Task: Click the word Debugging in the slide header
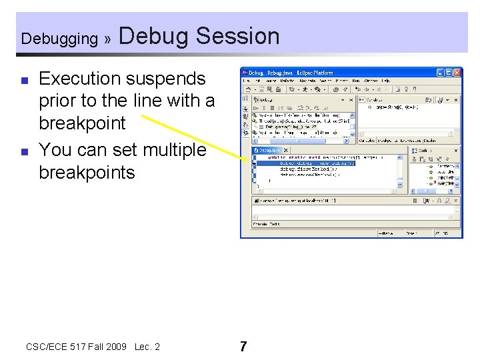[59, 39]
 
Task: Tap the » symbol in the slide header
[107, 39]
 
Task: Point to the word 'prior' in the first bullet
[59, 101]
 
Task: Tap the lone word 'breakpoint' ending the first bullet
[82, 123]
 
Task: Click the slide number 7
[243, 347]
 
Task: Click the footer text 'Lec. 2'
[147, 347]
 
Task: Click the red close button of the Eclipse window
[457, 72]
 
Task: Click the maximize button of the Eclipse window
[449, 72]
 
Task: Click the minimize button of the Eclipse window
[441, 72]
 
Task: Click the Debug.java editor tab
[269, 151]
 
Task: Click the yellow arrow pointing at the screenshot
[193, 136]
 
